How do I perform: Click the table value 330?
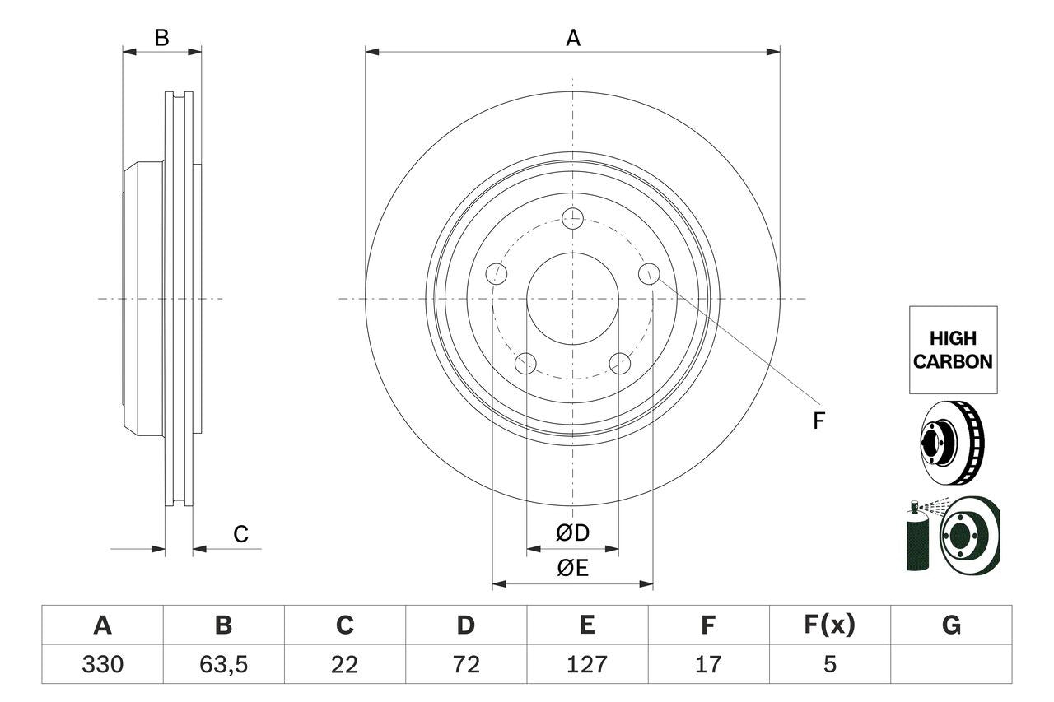pos(102,664)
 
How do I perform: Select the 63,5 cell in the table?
pos(223,664)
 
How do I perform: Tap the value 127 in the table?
pos(586,664)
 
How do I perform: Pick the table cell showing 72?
pos(465,664)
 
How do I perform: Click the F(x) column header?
pos(829,625)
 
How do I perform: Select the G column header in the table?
pos(951,625)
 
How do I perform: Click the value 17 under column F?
pos(707,664)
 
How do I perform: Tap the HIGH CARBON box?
pos(953,350)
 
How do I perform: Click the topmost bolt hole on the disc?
pos(572,218)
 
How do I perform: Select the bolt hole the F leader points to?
pos(650,273)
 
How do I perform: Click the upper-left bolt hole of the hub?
pos(496,274)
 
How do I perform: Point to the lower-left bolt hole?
pos(525,363)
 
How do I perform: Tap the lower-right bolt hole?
pos(620,363)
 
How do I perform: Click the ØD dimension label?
pos(572,533)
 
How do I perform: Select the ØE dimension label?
pos(572,569)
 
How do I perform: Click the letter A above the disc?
pos(572,38)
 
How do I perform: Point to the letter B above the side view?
pos(162,38)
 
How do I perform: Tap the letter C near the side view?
pos(240,535)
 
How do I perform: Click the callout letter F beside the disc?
pos(818,421)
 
